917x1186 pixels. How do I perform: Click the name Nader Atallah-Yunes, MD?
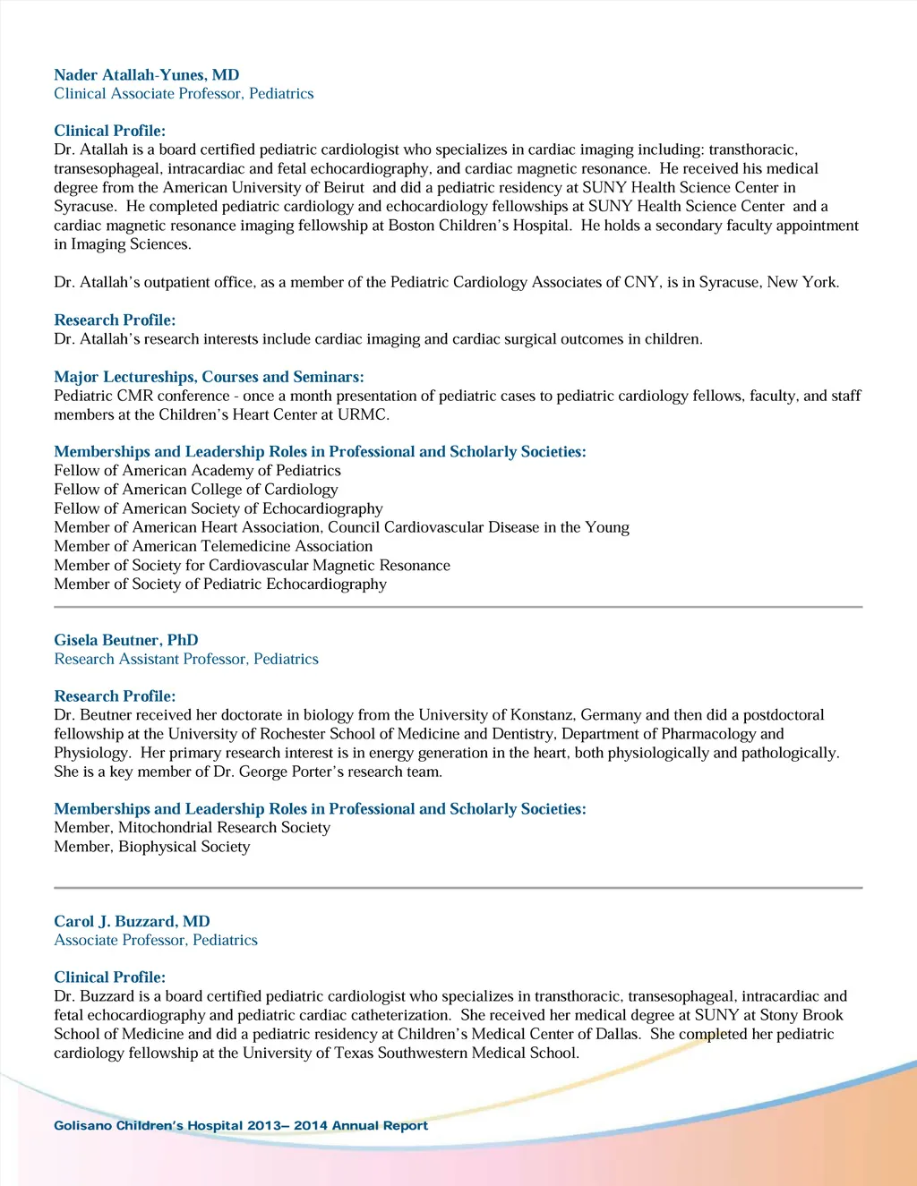point(146,75)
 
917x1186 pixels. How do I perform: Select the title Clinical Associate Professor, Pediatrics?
point(184,94)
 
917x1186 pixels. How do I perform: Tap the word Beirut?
point(341,188)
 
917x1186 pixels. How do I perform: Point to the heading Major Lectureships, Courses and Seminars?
point(209,378)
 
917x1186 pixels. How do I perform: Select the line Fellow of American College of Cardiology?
point(195,490)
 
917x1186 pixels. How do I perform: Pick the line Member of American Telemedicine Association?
point(213,547)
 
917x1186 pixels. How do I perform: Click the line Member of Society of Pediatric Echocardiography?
point(220,584)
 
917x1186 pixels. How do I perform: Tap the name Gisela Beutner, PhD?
point(126,641)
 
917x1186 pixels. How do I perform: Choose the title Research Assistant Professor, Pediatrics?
point(186,660)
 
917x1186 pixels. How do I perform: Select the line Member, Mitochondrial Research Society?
point(192,828)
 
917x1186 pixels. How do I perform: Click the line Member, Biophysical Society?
point(152,847)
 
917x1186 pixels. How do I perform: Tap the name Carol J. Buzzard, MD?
point(132,922)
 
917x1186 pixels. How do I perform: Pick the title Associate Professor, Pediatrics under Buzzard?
point(156,941)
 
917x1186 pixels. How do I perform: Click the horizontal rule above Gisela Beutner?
point(458,608)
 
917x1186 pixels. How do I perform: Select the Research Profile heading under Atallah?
point(115,320)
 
